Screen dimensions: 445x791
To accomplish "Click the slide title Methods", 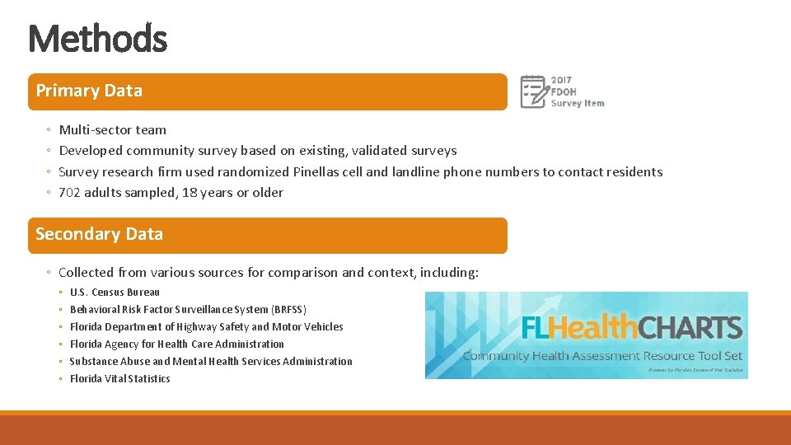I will click(97, 38).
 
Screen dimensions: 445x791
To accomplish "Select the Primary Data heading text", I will click(89, 91).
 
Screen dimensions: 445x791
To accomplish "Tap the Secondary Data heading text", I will click(99, 235).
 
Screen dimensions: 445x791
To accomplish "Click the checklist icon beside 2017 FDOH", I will click(533, 91).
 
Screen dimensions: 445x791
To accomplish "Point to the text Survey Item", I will click(578, 104).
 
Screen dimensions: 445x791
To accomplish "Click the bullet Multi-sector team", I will click(112, 130).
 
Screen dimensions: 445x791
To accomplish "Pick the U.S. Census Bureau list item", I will click(115, 293).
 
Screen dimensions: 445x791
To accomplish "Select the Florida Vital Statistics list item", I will click(119, 379).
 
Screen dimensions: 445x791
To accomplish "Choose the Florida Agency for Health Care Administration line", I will click(176, 344).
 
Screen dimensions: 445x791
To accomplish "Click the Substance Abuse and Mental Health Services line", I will click(210, 362).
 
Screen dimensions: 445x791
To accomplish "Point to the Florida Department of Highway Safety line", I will click(206, 327).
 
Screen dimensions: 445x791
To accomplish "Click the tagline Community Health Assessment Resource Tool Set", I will click(602, 356).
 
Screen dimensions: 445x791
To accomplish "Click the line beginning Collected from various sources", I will click(268, 273).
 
